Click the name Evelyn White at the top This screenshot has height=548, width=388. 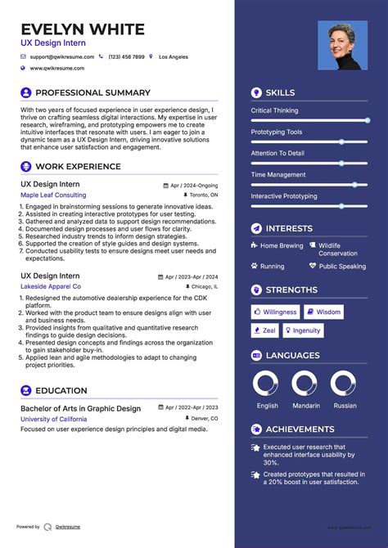coord(83,30)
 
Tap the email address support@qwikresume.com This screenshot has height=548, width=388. coord(62,57)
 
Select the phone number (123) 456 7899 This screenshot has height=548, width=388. coord(126,57)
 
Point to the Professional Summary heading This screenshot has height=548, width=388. coord(92,93)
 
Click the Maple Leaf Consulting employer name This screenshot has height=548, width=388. coord(53,195)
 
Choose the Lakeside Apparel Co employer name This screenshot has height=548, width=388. coord(51,287)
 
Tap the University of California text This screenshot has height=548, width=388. coord(54,419)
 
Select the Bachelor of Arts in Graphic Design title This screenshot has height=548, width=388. coord(80,408)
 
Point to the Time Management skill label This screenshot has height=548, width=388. coord(278,174)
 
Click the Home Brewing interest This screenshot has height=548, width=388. coord(282,245)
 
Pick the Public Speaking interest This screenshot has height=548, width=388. coord(342,266)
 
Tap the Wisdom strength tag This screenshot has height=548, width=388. coord(324,312)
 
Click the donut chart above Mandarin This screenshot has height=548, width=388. coord(305,384)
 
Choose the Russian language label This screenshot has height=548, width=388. coord(345,406)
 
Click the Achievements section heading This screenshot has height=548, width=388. coord(300,429)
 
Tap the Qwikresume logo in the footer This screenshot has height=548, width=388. coord(48,527)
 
